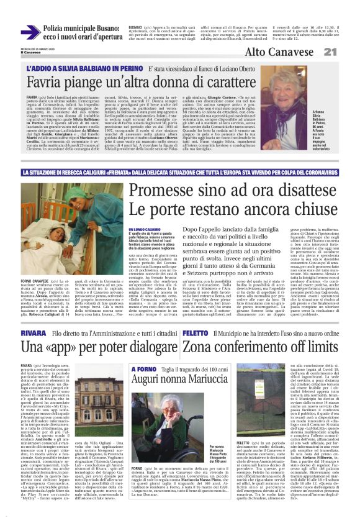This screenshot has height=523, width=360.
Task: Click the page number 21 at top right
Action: click(348, 52)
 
